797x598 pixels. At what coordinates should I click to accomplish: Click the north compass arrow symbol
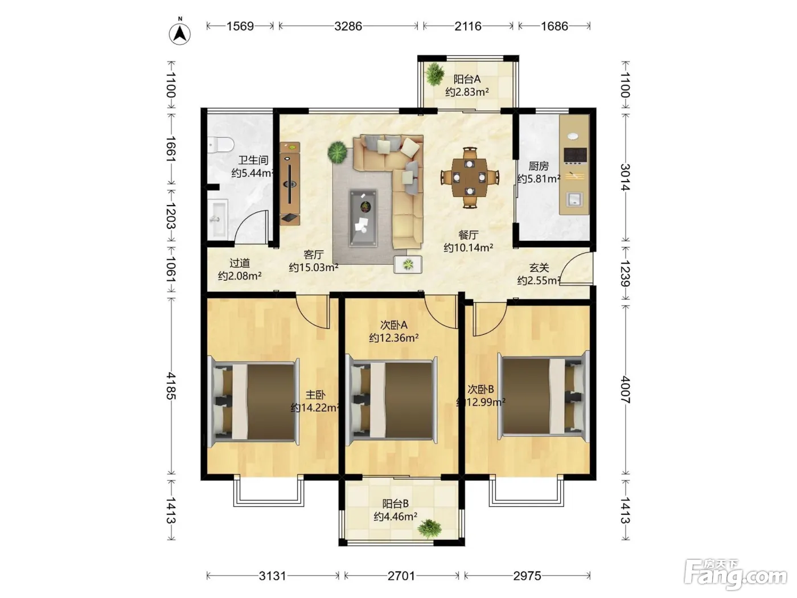tap(180, 34)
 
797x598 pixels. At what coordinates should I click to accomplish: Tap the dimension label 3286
tap(348, 26)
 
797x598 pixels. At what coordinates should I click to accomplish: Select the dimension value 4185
tap(171, 386)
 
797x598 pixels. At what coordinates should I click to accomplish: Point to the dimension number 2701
tap(401, 576)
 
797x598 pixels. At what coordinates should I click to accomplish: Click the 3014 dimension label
tap(625, 177)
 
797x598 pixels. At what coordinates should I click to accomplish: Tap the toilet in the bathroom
tap(221, 145)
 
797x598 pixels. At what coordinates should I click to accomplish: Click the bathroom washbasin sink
tap(219, 219)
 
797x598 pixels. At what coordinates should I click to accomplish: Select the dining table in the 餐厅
tap(470, 177)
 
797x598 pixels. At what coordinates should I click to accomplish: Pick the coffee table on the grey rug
tap(363, 219)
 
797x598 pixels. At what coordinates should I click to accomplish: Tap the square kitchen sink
tap(574, 199)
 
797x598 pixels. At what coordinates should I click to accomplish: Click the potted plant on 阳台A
tap(434, 75)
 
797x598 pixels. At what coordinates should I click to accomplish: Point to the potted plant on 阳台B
tap(430, 529)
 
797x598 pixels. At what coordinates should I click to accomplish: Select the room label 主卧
tap(315, 395)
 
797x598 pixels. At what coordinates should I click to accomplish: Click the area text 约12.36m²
tap(394, 338)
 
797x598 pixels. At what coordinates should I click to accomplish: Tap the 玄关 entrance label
tap(539, 268)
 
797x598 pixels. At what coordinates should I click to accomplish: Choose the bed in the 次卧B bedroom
tap(544, 396)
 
